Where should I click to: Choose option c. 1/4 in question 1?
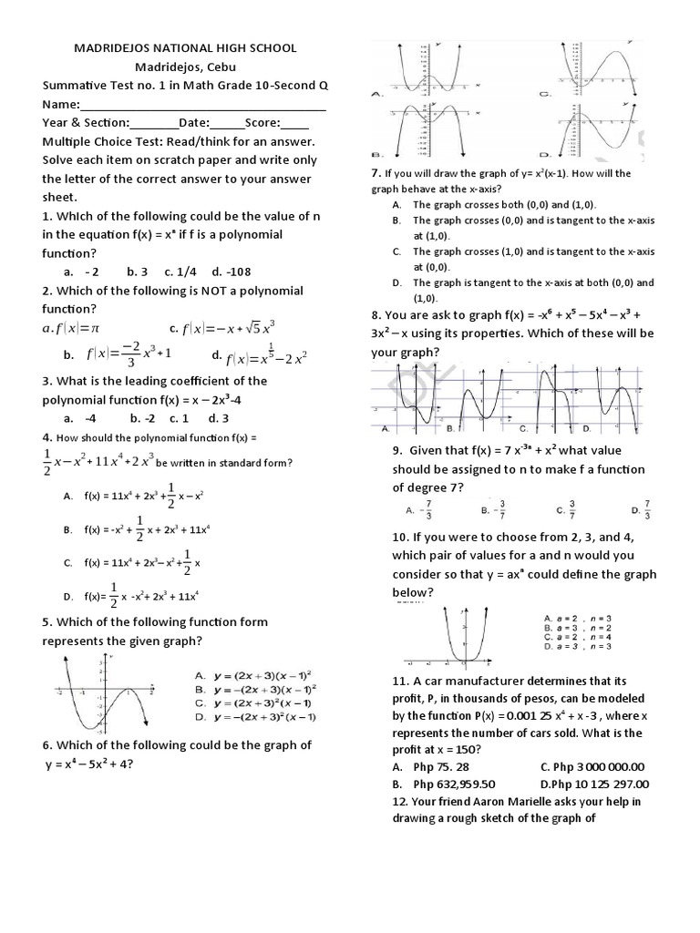(181, 272)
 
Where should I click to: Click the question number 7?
(376, 173)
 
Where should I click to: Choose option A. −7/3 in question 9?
(417, 509)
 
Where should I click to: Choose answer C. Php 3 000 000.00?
(592, 766)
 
